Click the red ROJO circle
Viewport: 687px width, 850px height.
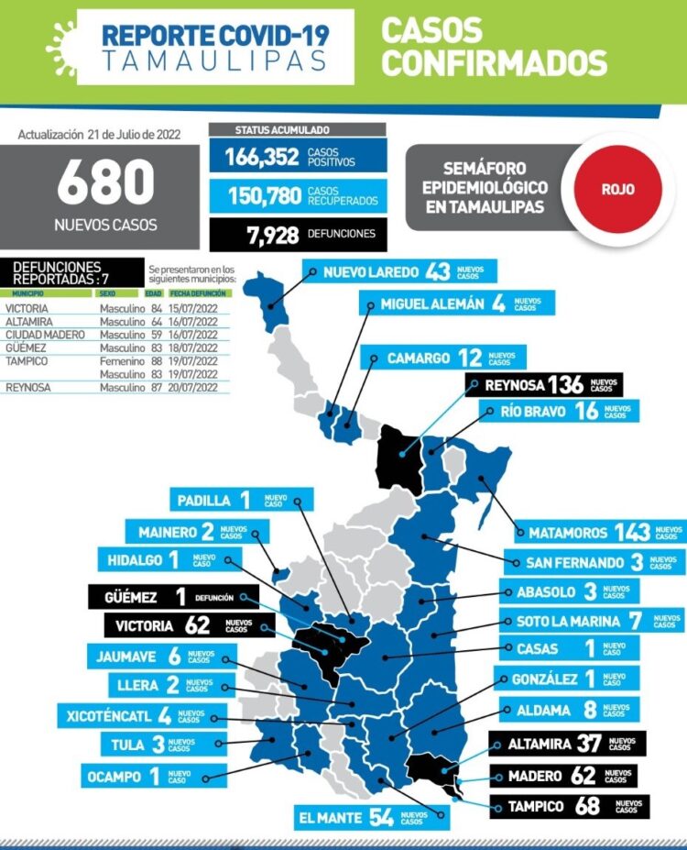point(617,190)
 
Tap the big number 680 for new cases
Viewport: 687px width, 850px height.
point(105,182)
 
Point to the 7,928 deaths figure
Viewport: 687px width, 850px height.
point(272,235)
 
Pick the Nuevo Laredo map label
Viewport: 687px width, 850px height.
point(398,272)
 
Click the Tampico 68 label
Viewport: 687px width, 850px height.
point(568,807)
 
